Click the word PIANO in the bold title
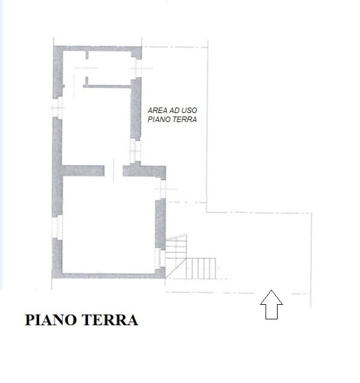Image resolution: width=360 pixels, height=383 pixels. point(51,320)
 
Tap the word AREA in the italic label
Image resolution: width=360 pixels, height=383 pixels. point(157,110)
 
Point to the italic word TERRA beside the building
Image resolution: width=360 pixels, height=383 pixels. point(186,119)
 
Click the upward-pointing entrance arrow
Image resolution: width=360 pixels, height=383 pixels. point(271,305)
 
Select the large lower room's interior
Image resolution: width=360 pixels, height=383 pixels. point(108,223)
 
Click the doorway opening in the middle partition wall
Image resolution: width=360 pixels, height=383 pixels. point(114,170)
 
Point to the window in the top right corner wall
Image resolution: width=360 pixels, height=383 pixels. point(138,66)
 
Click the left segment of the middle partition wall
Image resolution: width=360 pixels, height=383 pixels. point(82,170)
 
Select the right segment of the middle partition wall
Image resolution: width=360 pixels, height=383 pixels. point(143,170)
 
